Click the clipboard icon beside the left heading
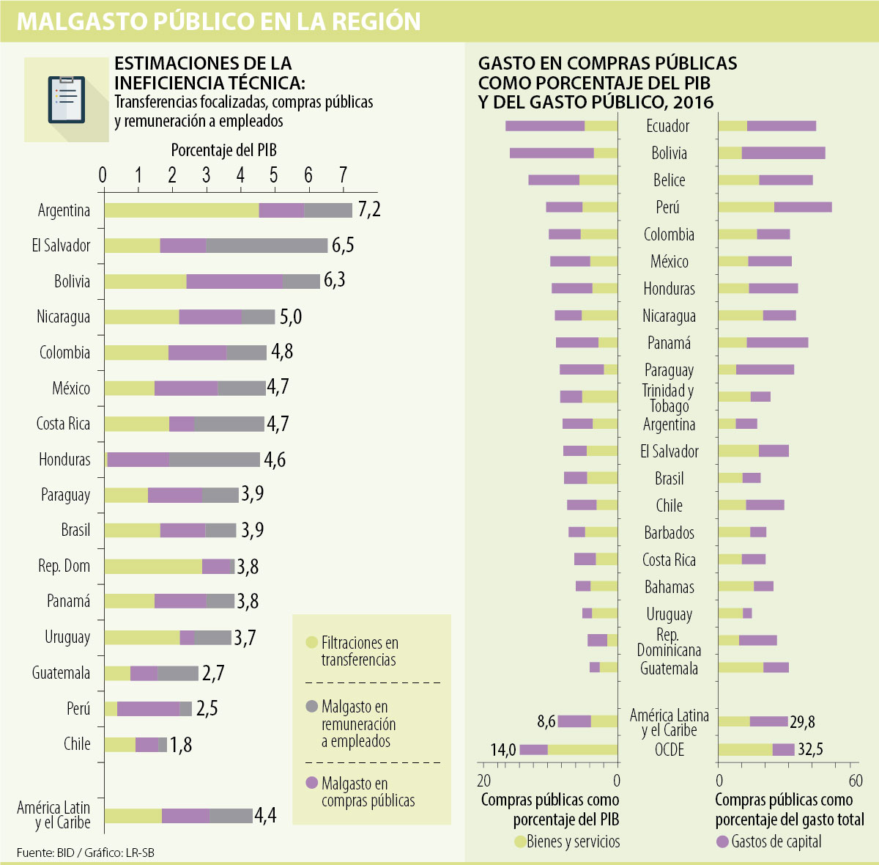point(66,99)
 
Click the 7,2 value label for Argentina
point(369,210)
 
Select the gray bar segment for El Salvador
point(267,246)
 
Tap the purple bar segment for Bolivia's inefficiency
point(234,281)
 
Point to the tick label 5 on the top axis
point(274,175)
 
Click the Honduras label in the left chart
point(64,460)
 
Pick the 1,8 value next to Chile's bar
point(180,745)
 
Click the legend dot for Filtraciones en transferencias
point(311,643)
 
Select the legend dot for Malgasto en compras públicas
point(311,783)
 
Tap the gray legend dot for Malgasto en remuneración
point(311,707)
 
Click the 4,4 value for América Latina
point(265,815)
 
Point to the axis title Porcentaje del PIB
point(223,150)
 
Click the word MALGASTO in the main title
point(80,21)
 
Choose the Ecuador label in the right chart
point(667,126)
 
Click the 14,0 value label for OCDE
point(503,749)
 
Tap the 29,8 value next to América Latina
point(802,722)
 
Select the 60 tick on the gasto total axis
point(855,781)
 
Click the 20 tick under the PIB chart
point(484,781)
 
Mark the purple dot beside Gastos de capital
point(722,842)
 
